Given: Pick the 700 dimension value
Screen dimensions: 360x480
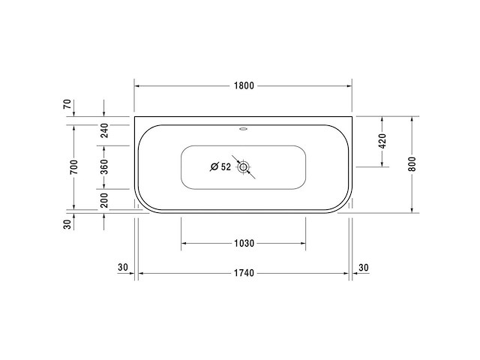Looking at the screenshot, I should pyautogui.click(x=73, y=166).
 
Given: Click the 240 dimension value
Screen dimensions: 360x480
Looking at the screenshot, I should pyautogui.click(x=104, y=130).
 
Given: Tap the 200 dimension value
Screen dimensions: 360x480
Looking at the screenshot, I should pyautogui.click(x=104, y=199).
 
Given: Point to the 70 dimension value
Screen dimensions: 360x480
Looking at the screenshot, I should pyautogui.click(x=67, y=104).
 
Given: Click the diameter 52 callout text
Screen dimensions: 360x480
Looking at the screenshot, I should pyautogui.click(x=220, y=166).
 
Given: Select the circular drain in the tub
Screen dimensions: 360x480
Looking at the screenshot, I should pyautogui.click(x=243, y=167).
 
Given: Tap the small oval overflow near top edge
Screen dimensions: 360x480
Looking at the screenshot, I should pyautogui.click(x=243, y=127).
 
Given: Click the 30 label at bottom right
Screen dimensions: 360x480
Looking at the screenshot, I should pyautogui.click(x=364, y=268).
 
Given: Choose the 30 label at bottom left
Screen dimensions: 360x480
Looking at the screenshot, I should pyautogui.click(x=122, y=268).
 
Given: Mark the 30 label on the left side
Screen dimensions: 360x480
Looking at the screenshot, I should pyautogui.click(x=67, y=223).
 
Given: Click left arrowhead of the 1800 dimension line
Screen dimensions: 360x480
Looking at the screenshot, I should pyautogui.click(x=137, y=85).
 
